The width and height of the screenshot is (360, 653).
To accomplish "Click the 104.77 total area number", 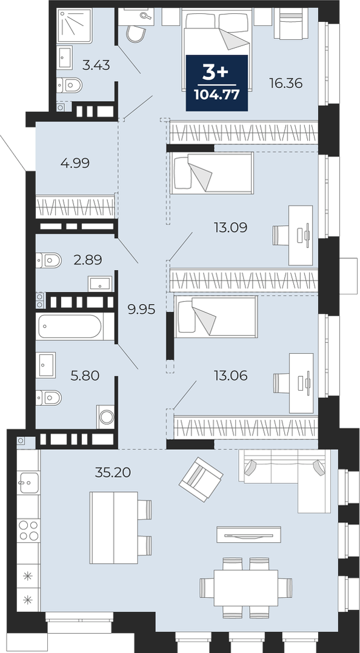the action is pos(217,95).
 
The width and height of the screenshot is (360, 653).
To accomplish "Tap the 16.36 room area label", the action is pos(285,84).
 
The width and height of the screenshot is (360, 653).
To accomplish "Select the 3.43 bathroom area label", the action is pos(96,65).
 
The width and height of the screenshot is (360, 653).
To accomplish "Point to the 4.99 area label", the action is pos(75,163).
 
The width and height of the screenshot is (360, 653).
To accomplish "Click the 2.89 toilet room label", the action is pos(87,260).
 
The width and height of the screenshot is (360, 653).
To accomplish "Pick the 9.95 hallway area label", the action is pos(142,310).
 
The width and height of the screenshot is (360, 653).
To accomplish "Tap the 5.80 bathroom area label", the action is pos(85,376).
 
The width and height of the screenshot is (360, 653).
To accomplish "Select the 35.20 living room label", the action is pos(113,472).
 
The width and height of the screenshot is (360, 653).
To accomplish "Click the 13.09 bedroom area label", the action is pos(230,227).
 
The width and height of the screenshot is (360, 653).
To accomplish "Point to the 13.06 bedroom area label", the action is pos(230,376).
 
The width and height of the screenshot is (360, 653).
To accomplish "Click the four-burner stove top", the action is pos(28,530).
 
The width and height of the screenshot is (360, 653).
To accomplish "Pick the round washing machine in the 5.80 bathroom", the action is pos(106,417).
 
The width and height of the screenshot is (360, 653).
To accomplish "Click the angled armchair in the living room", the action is pos(201,479).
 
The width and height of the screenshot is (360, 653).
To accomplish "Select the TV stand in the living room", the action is pos(248,534).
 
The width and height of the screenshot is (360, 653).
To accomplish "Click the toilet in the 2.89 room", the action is pos(48,260).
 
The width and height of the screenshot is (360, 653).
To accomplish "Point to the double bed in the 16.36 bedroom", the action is pos(217,50).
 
